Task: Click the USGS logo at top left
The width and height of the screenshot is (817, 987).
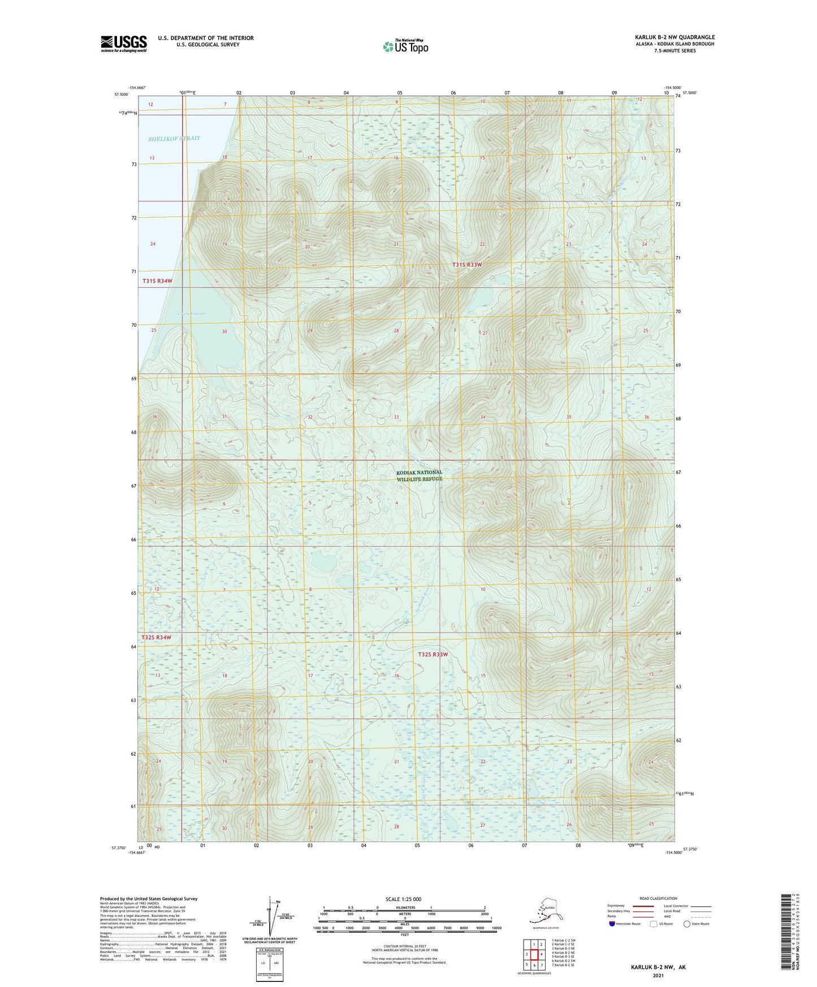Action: (x=123, y=43)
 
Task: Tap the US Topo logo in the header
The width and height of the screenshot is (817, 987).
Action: (x=405, y=46)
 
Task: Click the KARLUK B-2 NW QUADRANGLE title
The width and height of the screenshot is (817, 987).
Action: (x=674, y=37)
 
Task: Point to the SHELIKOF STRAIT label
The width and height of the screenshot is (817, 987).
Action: (x=174, y=138)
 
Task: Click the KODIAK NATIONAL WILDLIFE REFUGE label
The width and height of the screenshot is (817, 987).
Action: (x=419, y=475)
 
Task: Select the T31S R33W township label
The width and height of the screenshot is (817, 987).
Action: (x=467, y=265)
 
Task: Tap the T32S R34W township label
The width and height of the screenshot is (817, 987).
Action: (x=156, y=637)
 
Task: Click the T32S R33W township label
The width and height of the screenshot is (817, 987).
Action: (x=433, y=654)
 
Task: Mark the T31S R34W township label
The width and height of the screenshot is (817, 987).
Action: (x=157, y=281)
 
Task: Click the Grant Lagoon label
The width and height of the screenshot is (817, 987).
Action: (x=191, y=314)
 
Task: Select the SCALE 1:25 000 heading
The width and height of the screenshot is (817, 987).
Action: (x=403, y=899)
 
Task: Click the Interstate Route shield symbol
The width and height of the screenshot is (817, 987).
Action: (x=612, y=924)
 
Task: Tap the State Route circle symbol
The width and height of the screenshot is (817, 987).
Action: (x=687, y=924)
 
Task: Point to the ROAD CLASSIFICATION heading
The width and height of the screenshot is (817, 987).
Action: (x=658, y=898)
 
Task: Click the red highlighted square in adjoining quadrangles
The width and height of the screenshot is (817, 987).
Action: (x=534, y=955)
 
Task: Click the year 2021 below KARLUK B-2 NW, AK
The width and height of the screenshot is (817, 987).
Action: (x=658, y=975)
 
